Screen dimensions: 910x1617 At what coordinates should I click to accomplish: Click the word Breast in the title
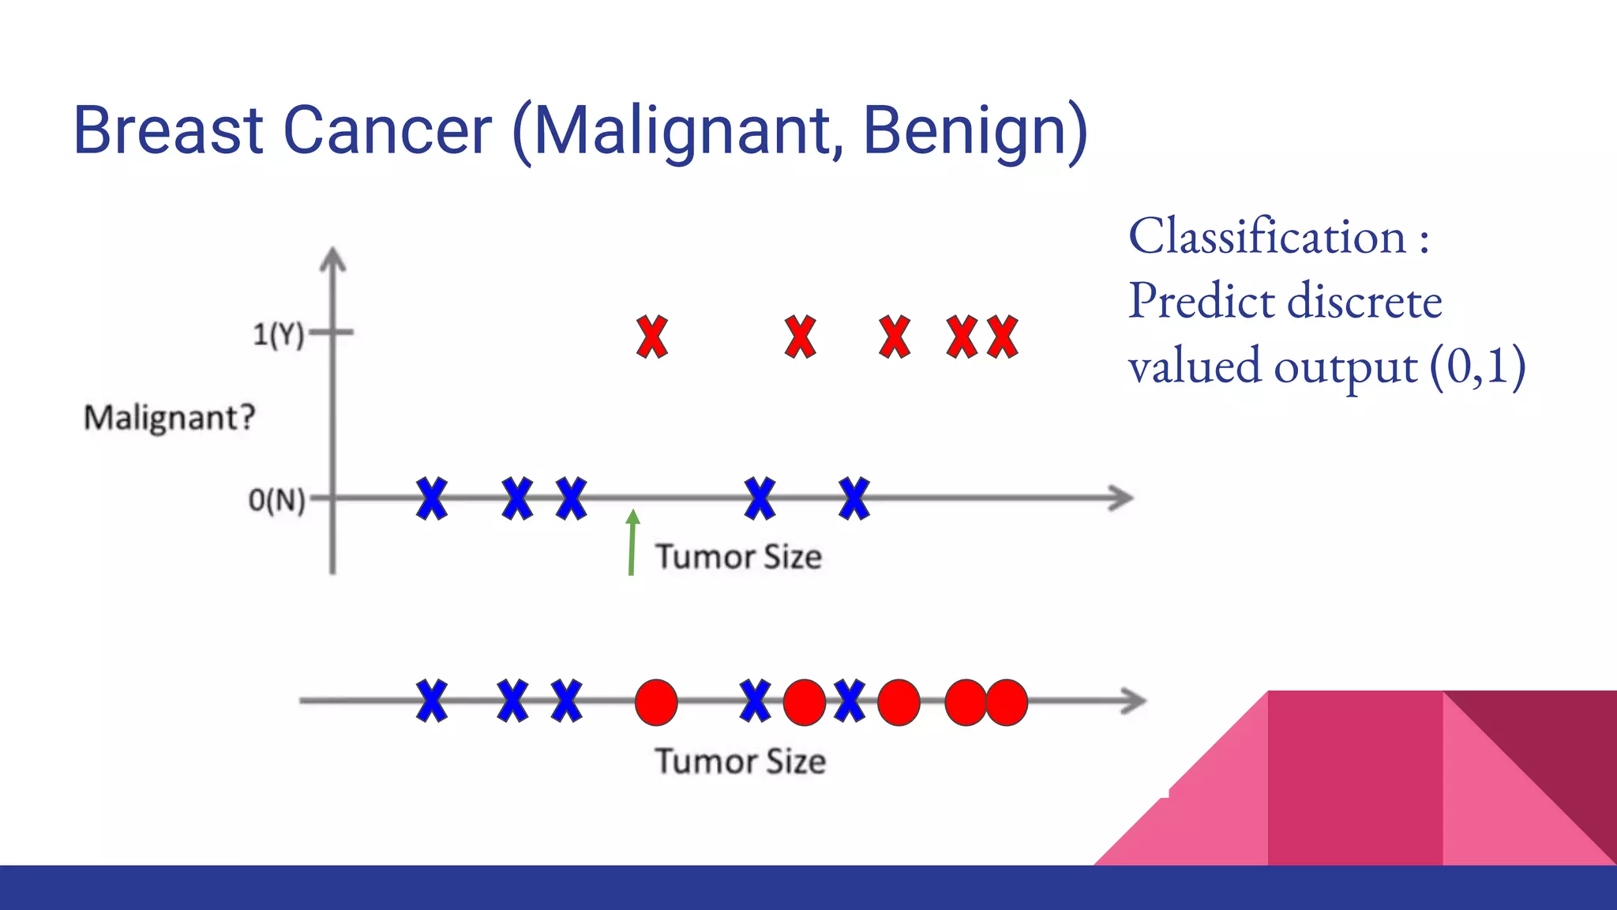pyautogui.click(x=167, y=130)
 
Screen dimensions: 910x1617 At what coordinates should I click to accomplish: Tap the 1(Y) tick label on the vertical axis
pyautogui.click(x=278, y=335)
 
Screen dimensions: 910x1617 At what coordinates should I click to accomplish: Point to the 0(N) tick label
pyautogui.click(x=276, y=500)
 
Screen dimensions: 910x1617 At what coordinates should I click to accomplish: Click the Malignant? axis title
pyautogui.click(x=170, y=417)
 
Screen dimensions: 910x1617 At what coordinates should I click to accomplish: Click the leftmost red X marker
pyautogui.click(x=652, y=337)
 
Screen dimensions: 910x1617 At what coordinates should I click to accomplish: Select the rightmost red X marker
pyautogui.click(x=1003, y=337)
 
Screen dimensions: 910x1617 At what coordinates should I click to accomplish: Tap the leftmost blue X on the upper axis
pyautogui.click(x=432, y=498)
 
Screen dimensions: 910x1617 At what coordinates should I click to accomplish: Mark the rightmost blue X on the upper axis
pyautogui.click(x=854, y=498)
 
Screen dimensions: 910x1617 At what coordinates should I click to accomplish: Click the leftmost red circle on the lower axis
pyautogui.click(x=656, y=702)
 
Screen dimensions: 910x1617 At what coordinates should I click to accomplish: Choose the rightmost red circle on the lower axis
pyautogui.click(x=1007, y=702)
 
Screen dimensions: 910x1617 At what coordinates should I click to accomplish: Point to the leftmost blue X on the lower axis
pyautogui.click(x=432, y=701)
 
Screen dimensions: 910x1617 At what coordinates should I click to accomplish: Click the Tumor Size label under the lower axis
pyautogui.click(x=741, y=761)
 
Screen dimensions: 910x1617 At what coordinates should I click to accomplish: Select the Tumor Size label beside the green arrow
pyautogui.click(x=739, y=557)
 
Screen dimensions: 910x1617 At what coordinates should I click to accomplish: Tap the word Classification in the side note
pyautogui.click(x=1267, y=236)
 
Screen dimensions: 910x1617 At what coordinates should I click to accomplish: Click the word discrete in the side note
pyautogui.click(x=1364, y=302)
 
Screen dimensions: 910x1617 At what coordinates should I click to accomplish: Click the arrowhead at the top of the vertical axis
pyautogui.click(x=333, y=260)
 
